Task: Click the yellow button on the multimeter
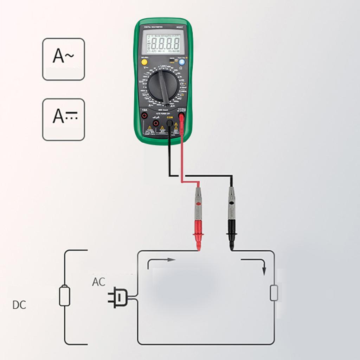144,62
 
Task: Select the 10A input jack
144,123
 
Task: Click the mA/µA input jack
156,123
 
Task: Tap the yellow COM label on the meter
170,117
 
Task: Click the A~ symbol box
64,59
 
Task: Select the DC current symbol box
64,119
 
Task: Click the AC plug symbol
119,297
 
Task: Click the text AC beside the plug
99,282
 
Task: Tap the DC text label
19,305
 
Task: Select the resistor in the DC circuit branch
64,296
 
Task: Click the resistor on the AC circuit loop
274,293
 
